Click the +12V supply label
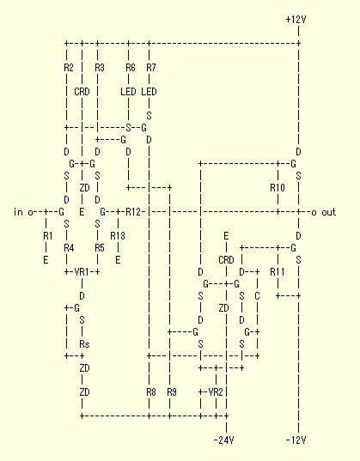click(296, 20)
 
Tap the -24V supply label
click(223, 440)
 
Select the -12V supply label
click(296, 440)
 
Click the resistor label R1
click(48, 236)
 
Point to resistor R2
click(69, 68)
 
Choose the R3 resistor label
click(100, 68)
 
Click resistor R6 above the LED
click(131, 68)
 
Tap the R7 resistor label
click(151, 68)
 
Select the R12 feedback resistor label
click(133, 212)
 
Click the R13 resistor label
click(118, 236)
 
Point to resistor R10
click(278, 188)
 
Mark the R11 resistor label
click(278, 272)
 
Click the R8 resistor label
click(151, 392)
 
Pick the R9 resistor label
click(172, 392)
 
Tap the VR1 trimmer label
click(82, 272)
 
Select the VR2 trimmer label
click(216, 392)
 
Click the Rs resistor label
click(84, 344)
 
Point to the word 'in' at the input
click(18, 212)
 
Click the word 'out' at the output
click(328, 212)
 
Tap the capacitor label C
click(257, 296)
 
